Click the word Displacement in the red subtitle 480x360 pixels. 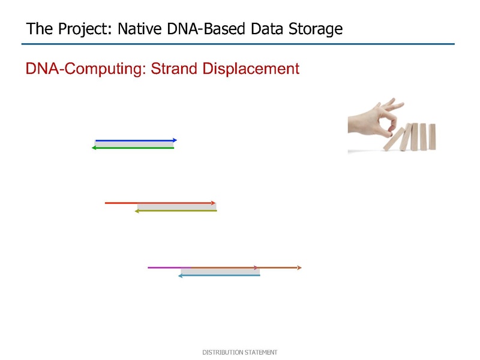coord(251,69)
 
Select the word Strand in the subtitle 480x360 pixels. coord(174,68)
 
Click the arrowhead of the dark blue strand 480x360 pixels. coord(175,140)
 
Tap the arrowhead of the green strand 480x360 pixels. coord(94,148)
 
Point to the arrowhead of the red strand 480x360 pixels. coord(214,203)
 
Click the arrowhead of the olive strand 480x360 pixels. coord(137,211)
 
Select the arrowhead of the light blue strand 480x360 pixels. coord(181,275)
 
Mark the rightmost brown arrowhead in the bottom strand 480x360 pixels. coord(299,268)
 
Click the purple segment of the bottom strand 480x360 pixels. coord(169,268)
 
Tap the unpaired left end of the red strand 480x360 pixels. coord(106,203)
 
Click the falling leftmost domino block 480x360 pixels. coord(394,139)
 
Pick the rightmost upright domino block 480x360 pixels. coord(432,137)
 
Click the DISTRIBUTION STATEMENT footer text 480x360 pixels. coord(240,352)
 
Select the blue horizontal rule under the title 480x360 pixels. coord(238,44)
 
